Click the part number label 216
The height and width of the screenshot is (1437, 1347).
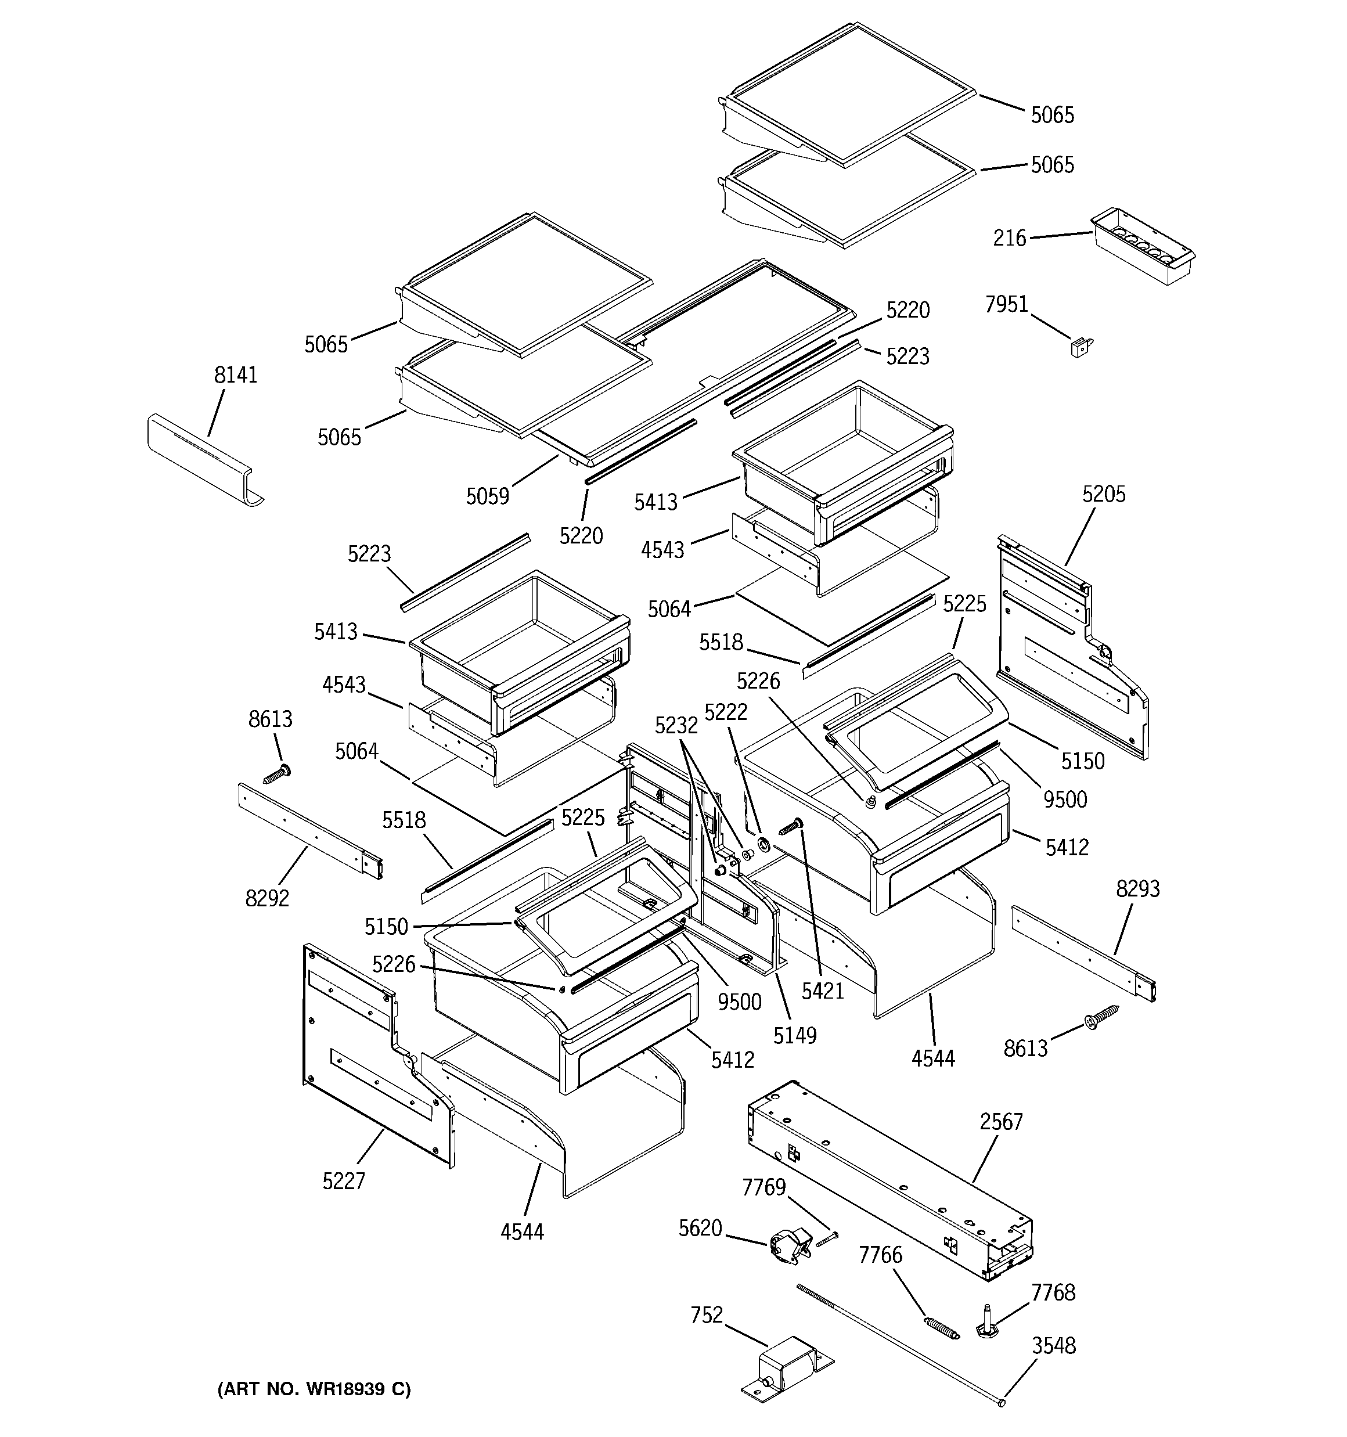1009,238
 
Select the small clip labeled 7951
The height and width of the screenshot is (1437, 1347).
1081,348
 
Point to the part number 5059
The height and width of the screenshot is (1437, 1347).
487,496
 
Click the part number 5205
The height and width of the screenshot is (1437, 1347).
1103,495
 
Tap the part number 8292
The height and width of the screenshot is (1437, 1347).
267,898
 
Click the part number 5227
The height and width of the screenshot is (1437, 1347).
344,1181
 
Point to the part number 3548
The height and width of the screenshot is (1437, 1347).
1053,1346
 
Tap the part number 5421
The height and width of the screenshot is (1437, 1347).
823,991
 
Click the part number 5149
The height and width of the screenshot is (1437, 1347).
795,1036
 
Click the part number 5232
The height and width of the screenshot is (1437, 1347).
676,725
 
